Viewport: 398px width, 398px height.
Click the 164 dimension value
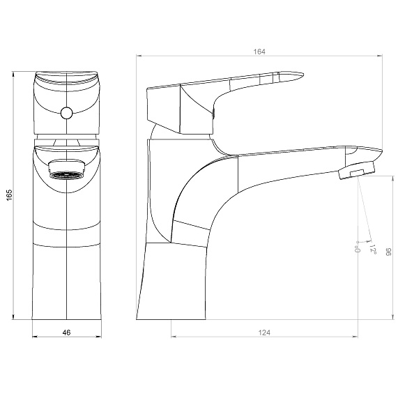(259, 52)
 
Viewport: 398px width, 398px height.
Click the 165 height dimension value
(9, 195)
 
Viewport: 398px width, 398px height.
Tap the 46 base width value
(66, 332)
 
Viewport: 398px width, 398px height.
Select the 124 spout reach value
(264, 332)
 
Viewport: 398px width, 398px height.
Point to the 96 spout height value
(389, 252)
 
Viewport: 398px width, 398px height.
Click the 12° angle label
(373, 249)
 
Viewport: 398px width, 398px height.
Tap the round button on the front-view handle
(66, 113)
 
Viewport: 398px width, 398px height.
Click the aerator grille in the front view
(66, 175)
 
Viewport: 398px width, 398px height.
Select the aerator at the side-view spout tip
(357, 170)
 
